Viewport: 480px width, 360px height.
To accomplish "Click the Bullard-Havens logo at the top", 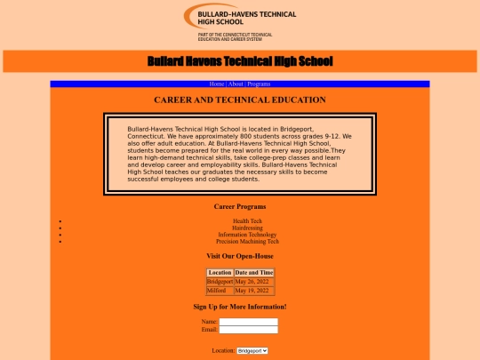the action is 240,22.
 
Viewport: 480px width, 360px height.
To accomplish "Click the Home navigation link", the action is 217,84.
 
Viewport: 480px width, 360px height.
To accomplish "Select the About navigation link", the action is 236,84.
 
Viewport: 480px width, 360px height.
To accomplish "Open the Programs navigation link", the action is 259,84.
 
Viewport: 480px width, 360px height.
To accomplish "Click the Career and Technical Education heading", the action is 240,100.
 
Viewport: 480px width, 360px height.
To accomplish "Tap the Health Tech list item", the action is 247,220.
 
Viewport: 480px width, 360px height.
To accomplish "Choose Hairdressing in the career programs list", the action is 247,228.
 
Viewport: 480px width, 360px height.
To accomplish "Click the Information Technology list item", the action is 247,235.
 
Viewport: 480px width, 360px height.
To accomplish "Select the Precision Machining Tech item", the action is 247,241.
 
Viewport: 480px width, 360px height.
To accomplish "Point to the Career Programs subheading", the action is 240,206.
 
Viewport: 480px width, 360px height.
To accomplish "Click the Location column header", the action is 220,272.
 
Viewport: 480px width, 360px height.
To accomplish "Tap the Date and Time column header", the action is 254,272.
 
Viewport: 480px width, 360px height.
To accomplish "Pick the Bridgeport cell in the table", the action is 220,281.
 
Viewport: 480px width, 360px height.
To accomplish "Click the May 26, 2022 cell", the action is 252,281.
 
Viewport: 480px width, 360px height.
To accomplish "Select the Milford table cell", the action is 217,290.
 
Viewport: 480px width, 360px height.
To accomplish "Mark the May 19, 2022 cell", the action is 252,290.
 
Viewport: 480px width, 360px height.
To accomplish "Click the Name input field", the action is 249,322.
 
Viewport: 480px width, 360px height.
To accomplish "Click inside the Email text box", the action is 249,330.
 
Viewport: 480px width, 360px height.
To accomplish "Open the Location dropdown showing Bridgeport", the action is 252,351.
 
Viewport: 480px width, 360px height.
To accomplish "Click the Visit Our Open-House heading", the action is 240,256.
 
